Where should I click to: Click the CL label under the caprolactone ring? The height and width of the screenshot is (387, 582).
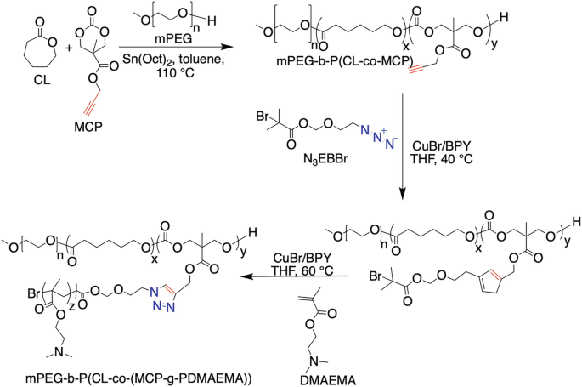coord(42,80)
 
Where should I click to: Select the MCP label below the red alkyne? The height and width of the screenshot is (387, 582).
coord(88,127)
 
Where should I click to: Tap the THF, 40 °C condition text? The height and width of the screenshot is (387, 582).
coord(441,160)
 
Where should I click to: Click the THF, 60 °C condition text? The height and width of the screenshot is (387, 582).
coord(303,270)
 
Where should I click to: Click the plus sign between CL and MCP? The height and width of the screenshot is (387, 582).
coord(70,48)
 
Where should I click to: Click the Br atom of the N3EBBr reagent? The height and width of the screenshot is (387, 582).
coord(263,117)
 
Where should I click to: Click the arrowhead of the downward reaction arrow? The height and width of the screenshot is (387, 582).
coord(403,193)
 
